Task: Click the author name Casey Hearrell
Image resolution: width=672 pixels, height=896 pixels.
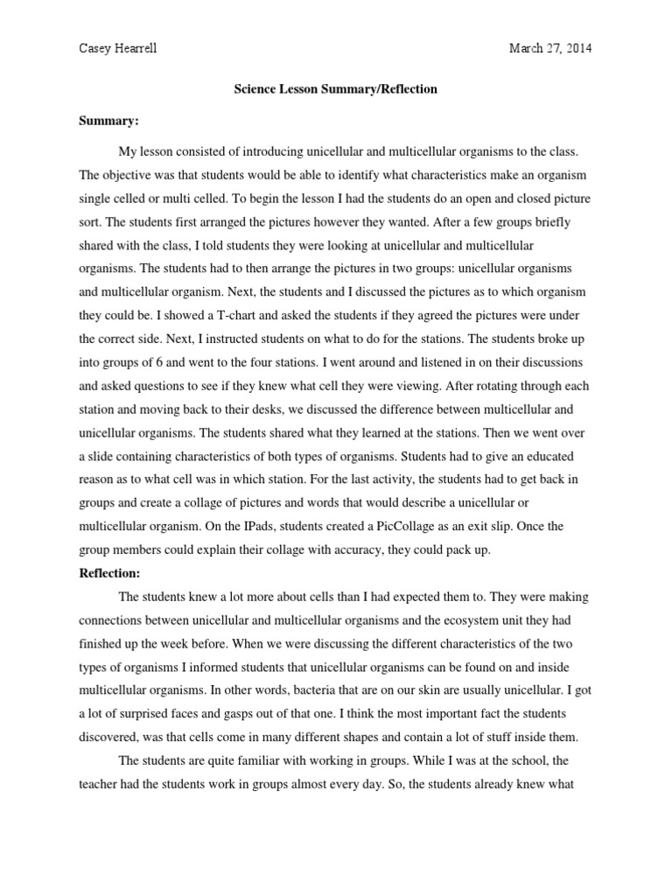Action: tap(119, 49)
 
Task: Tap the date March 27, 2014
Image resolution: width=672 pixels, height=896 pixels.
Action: tap(550, 49)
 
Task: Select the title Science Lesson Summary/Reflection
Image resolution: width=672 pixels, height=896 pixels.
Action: tap(336, 89)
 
